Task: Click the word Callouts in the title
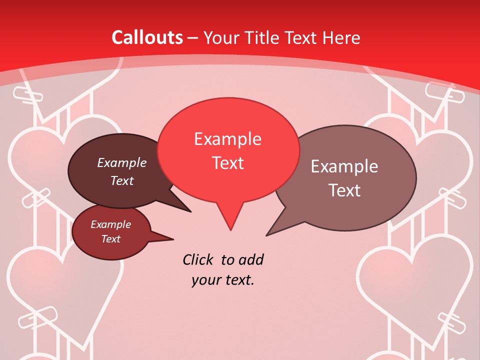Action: pos(147,37)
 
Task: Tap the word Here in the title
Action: pos(341,37)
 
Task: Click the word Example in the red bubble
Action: pos(227,139)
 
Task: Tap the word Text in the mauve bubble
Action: pos(344,190)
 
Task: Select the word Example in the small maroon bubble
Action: pos(110,224)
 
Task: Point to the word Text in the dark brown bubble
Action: pos(121,180)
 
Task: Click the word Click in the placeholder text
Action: pos(198,260)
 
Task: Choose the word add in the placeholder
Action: pos(251,260)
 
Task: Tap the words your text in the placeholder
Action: pos(223,280)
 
